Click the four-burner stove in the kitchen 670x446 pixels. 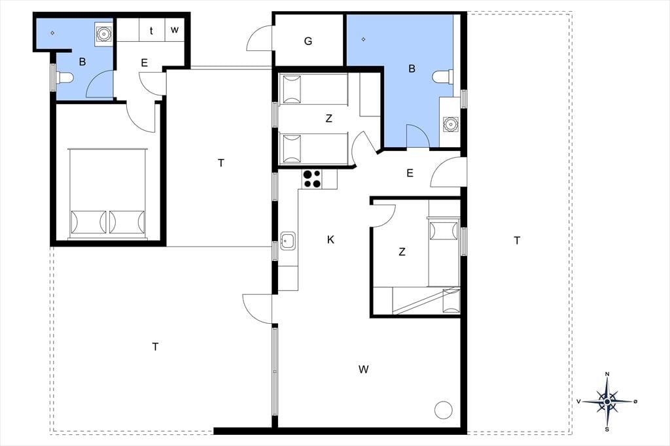point(312,179)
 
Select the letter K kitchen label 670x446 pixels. point(330,239)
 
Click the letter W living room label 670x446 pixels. point(364,369)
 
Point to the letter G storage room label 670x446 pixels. point(308,41)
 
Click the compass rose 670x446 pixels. point(607,402)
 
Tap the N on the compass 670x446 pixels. point(608,374)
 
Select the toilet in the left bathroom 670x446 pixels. point(64,77)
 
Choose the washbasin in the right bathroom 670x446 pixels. point(450,124)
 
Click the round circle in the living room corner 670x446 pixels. point(443,410)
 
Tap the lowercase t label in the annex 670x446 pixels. point(151,31)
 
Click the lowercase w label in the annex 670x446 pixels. point(174,30)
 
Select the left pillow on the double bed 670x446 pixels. point(88,222)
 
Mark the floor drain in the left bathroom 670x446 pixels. point(52,33)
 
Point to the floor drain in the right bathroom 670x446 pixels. point(363,39)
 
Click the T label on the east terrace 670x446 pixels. point(517,241)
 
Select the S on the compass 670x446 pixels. point(607,429)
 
